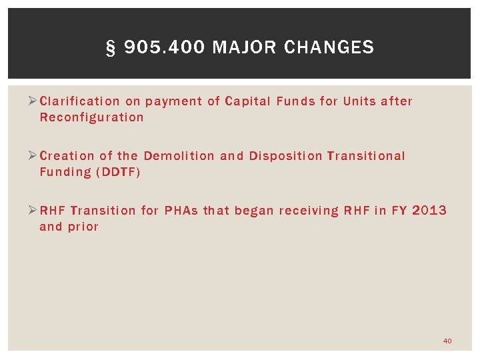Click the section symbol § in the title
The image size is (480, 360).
(x=111, y=48)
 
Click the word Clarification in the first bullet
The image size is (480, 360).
(x=80, y=101)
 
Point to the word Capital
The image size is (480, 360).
(x=248, y=101)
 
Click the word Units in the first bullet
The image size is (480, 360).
(x=359, y=101)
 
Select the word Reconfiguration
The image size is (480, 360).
(x=91, y=117)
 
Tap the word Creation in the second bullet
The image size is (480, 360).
(x=67, y=156)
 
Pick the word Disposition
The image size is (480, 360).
(x=286, y=156)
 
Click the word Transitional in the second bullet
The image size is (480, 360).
(x=366, y=156)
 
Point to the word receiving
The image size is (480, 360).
(x=309, y=211)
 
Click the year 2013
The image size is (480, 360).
(x=430, y=211)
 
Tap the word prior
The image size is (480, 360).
(x=83, y=227)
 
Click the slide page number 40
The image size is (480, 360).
(x=447, y=341)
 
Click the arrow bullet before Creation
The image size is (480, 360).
(x=35, y=156)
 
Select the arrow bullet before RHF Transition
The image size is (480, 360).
(x=35, y=211)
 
